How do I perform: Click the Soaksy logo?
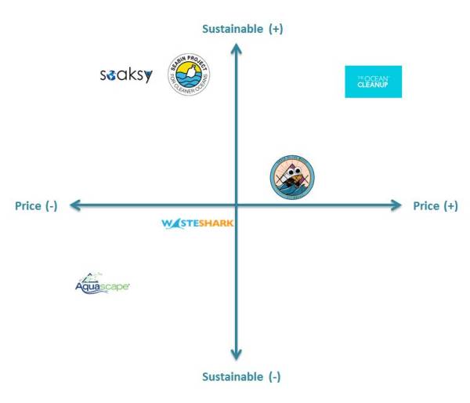click(126, 75)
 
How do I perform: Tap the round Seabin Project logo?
click(190, 75)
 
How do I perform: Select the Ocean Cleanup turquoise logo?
click(373, 82)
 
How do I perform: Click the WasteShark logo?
click(197, 223)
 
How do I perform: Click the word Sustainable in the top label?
click(232, 29)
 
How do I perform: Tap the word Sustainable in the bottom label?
click(232, 377)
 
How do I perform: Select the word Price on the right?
click(427, 206)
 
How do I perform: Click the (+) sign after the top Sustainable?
click(275, 29)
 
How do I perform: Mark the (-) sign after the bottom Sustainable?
click(273, 377)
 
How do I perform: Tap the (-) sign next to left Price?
click(51, 206)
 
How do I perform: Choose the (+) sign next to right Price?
click(450, 206)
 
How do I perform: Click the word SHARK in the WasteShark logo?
click(215, 223)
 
